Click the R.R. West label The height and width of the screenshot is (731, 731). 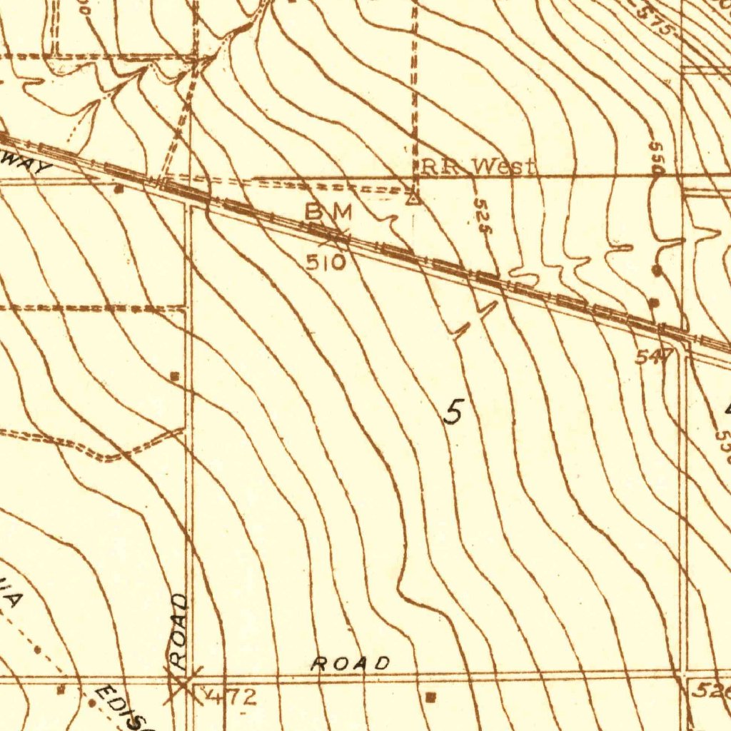477,168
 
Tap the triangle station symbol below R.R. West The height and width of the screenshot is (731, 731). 413,198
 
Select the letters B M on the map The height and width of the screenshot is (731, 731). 329,212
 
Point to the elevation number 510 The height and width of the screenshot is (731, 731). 326,263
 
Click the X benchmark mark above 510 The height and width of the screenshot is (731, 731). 336,234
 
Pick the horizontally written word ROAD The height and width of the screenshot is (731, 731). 351,663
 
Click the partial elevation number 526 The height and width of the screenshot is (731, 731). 712,690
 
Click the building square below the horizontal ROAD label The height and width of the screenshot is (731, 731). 429,695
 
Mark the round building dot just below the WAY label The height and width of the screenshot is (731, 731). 119,189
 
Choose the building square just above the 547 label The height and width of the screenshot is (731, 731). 652,303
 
